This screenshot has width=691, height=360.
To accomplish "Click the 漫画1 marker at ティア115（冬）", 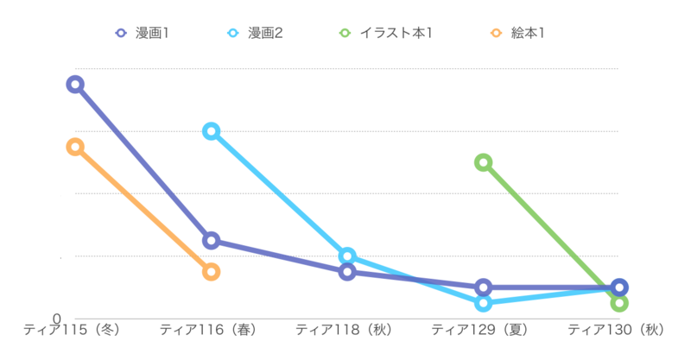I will (x=75, y=84).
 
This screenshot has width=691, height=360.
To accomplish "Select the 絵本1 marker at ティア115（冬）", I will (x=75, y=147).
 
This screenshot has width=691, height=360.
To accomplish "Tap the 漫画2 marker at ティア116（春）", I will (x=211, y=131).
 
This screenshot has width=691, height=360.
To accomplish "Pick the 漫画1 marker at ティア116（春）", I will (x=211, y=240).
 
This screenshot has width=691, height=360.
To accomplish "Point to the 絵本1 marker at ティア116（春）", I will (x=211, y=272).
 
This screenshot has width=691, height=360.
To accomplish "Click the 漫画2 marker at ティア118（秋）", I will (x=347, y=256).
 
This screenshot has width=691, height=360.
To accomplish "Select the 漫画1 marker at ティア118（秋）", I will (x=347, y=272).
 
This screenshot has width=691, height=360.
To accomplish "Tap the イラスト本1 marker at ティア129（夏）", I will (x=484, y=162).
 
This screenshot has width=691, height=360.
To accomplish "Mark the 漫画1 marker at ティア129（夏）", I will (x=484, y=287).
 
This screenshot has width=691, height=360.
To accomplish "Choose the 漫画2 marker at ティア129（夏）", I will (x=484, y=303).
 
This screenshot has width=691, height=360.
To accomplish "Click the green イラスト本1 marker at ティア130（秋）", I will (x=618, y=303).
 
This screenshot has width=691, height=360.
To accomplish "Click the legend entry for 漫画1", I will (x=143, y=33).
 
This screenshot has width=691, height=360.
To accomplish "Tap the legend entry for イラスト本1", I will (x=385, y=33).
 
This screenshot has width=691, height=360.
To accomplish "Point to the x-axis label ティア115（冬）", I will (x=75, y=330).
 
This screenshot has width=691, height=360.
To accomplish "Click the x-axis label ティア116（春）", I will (x=211, y=330).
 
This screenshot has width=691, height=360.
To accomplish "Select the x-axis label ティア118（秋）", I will (x=347, y=330).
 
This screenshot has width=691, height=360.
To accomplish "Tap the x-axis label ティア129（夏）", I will (x=484, y=330).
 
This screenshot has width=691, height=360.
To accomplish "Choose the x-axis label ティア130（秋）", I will (x=618, y=330).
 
